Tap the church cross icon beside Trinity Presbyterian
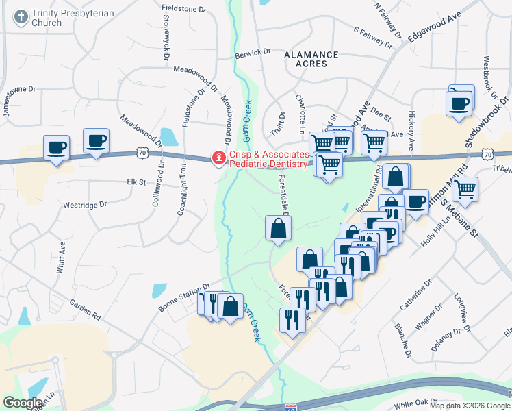click(21, 15)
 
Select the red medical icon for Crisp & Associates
click(218, 159)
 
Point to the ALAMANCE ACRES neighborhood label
click(311, 59)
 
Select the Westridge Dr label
click(85, 204)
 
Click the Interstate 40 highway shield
click(290, 407)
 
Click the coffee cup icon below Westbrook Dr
click(459, 104)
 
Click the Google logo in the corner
click(23, 403)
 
